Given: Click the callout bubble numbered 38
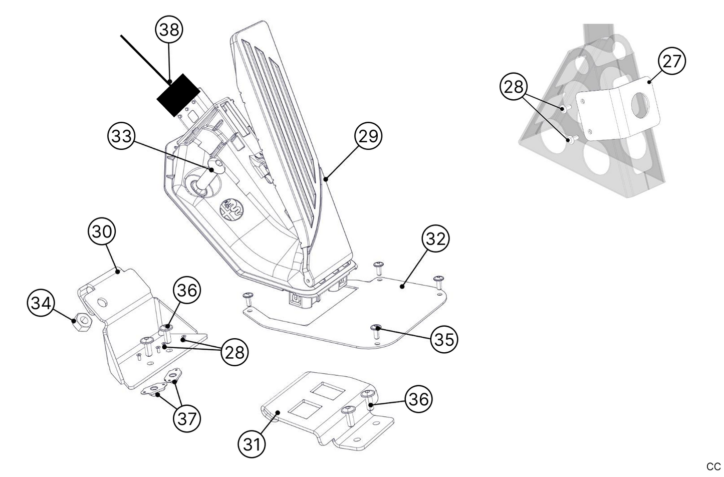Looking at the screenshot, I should click(x=169, y=30).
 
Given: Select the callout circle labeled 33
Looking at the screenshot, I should click(x=122, y=136).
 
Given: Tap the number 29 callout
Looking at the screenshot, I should click(x=368, y=136).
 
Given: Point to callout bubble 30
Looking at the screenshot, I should click(x=102, y=232).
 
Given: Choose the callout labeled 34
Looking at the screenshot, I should click(x=41, y=304).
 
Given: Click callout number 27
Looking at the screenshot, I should click(x=672, y=61).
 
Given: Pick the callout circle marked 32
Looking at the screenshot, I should click(x=435, y=239).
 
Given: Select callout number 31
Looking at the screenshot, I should click(x=252, y=443).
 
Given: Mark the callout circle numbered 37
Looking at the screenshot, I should click(x=187, y=418).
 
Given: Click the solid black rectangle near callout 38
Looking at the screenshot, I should click(x=178, y=95).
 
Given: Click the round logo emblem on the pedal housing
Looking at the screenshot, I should click(x=232, y=208).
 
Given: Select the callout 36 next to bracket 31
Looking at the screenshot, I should click(x=418, y=399).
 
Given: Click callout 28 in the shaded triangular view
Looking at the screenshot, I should click(x=514, y=87).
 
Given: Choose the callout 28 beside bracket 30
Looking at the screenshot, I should click(x=234, y=352).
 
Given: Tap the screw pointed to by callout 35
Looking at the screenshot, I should click(x=376, y=329).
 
